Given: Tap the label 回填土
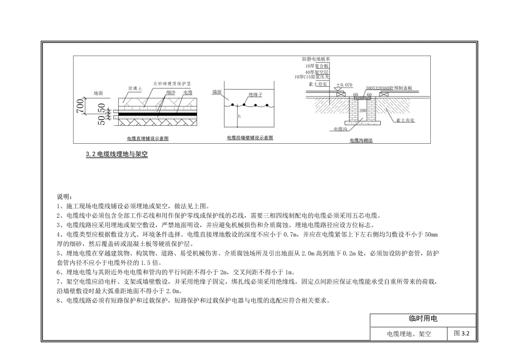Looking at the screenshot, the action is pyautogui.click(x=135, y=88).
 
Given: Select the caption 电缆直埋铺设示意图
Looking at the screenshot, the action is pyautogui.click(x=148, y=139).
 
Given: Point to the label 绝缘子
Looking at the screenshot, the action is pyautogui.click(x=255, y=95).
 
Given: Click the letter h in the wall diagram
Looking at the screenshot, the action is pyautogui.click(x=239, y=116).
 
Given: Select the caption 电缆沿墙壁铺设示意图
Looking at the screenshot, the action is pyautogui.click(x=250, y=138).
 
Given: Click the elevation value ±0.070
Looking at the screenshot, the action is pyautogui.click(x=344, y=85).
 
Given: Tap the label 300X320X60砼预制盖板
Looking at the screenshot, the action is pyautogui.click(x=389, y=88).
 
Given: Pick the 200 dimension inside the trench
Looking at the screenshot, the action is pyautogui.click(x=362, y=110).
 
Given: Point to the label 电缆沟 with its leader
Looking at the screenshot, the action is pyautogui.click(x=340, y=128).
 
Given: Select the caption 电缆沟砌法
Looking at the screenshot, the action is pyautogui.click(x=361, y=140).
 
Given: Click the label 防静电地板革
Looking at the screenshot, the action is pyautogui.click(x=316, y=59).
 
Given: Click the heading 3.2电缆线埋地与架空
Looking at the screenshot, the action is pyautogui.click(x=117, y=154).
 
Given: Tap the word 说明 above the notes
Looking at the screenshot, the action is pyautogui.click(x=64, y=196).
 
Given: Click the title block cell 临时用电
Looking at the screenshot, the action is pyautogui.click(x=423, y=319).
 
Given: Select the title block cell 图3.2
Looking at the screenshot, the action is pyautogui.click(x=461, y=334).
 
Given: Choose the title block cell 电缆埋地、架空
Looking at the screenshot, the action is pyautogui.click(x=409, y=334).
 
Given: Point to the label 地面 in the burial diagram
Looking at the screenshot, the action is pyautogui.click(x=99, y=93).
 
